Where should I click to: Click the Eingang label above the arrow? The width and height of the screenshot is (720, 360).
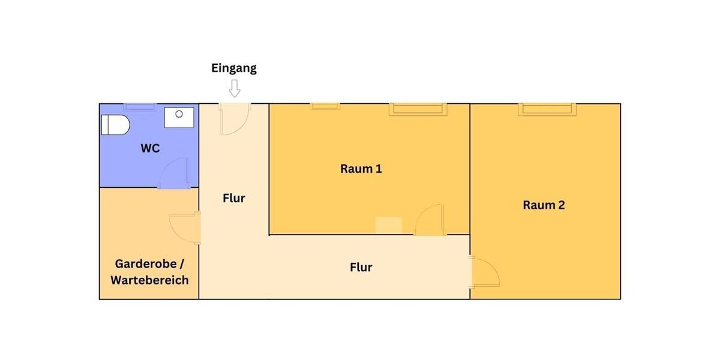point(234,68)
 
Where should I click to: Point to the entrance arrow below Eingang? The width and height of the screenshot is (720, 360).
point(235,89)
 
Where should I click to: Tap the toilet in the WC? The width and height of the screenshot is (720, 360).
point(115,125)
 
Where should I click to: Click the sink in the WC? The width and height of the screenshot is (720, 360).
point(179,118)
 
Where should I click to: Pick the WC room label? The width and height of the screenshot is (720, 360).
point(150,148)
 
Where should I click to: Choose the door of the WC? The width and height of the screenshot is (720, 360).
point(175,174)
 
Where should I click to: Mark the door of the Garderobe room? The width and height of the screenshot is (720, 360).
point(185,227)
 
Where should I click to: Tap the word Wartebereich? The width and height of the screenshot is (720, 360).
point(149,280)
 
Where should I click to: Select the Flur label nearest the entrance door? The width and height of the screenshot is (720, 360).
point(234,198)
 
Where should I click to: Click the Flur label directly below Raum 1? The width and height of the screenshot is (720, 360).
point(361,267)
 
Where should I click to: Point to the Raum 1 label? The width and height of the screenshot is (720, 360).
point(361,169)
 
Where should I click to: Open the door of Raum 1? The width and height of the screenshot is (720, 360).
point(430,220)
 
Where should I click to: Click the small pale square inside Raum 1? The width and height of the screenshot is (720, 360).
point(388,226)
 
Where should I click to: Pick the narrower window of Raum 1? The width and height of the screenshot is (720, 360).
point(325,106)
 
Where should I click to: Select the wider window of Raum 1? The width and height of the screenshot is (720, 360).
point(418,109)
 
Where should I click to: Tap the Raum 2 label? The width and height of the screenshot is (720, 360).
point(544,205)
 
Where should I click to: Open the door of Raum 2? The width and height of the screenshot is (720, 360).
point(485,272)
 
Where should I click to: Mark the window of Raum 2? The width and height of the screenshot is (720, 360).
point(547,109)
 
